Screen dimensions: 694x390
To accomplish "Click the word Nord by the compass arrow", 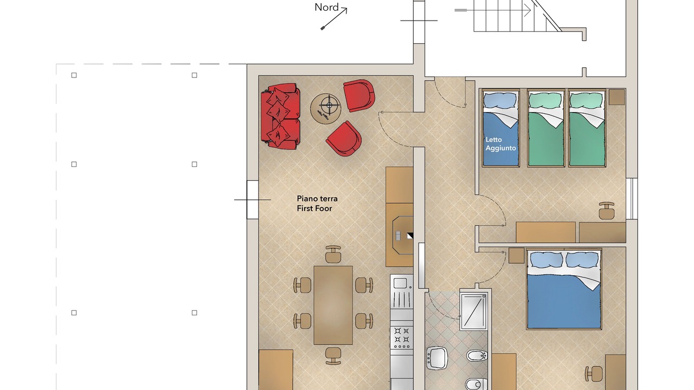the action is point(326,8).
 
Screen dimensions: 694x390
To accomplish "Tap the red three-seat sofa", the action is point(281,116).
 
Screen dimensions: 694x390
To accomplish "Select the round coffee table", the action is point(326,109).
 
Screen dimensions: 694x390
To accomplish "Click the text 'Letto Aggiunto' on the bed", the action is point(500,144).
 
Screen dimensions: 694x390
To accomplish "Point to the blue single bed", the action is point(500,128).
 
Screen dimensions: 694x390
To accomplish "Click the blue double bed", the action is point(564,289).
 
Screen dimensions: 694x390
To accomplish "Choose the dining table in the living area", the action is point(333,305).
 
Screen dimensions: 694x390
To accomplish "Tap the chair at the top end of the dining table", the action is point(333,254).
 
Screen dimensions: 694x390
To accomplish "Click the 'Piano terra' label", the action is point(317,199).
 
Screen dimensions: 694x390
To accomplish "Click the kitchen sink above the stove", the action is point(402,291).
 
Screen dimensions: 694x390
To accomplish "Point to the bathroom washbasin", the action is point(437,358).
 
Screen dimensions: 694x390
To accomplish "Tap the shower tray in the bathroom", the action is point(473,311).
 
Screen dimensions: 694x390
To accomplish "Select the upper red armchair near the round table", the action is point(359,95).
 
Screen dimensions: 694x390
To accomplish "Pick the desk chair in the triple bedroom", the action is point(606,211).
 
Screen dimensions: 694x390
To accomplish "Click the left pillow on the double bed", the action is point(546,259).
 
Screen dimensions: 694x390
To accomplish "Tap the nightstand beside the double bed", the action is point(516,256).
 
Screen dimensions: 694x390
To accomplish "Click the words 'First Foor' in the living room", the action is point(314,209).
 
